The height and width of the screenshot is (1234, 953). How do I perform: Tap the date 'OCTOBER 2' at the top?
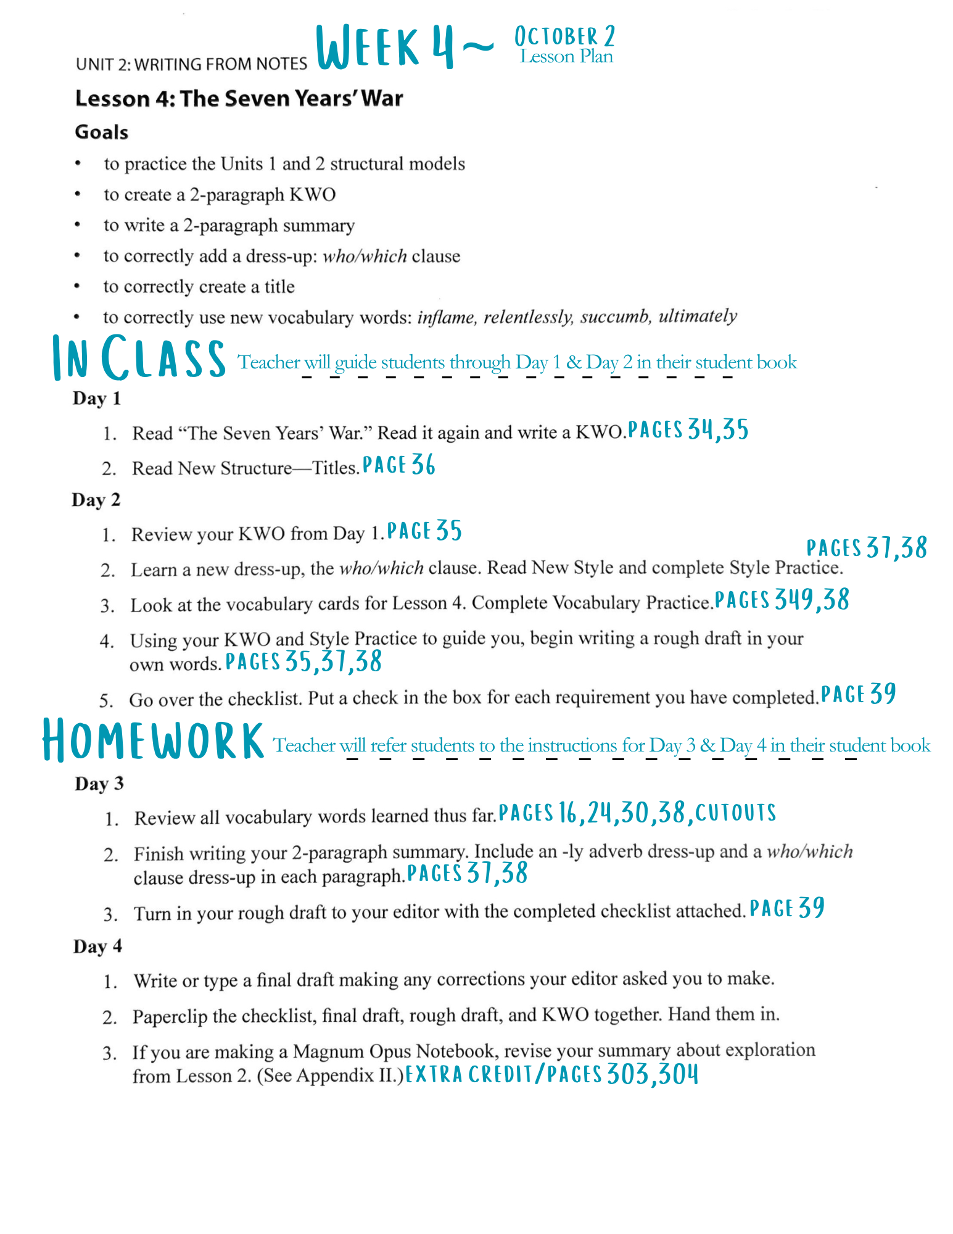[564, 36]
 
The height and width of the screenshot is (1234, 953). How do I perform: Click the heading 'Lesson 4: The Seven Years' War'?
[239, 99]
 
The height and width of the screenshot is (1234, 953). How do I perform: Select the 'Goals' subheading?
[102, 132]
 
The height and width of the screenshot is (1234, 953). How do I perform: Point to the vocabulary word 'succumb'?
[614, 317]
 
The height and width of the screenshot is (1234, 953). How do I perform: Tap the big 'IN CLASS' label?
[139, 358]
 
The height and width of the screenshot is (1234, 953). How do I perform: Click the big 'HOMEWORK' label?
[153, 740]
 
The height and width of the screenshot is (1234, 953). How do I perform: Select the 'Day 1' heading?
[97, 399]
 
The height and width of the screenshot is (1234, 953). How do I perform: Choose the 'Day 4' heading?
[97, 946]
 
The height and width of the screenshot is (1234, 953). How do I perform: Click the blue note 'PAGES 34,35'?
[688, 429]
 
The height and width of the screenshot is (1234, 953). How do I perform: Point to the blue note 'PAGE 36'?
[398, 465]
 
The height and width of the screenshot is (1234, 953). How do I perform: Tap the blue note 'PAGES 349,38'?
[782, 600]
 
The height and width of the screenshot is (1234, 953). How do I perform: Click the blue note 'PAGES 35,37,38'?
[303, 661]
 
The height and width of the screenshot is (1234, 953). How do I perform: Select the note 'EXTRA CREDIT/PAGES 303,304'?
[551, 1074]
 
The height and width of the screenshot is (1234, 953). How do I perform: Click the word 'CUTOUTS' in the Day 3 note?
[735, 813]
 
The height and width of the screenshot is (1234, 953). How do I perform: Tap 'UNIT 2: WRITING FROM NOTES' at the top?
[191, 64]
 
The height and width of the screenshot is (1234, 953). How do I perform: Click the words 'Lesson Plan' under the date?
[566, 57]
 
